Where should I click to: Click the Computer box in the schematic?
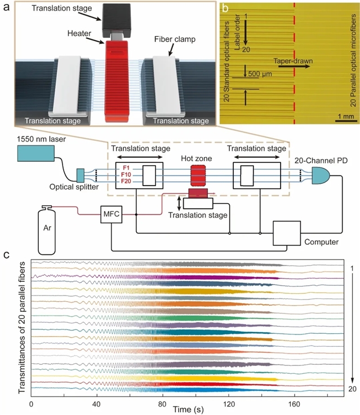pos(288,233)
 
